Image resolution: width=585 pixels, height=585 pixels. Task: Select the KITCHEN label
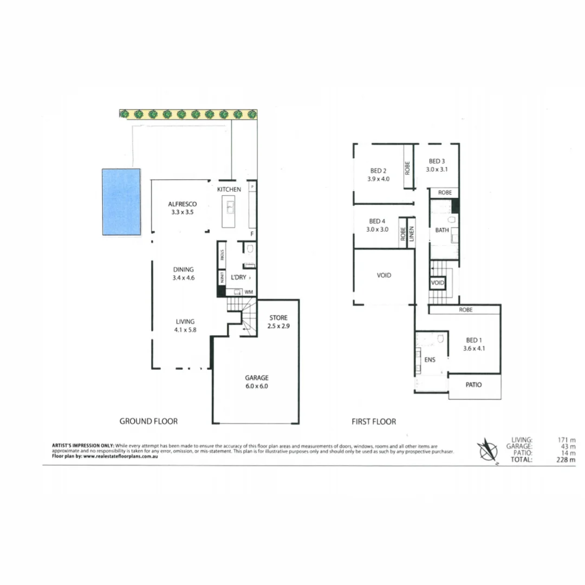click(229, 190)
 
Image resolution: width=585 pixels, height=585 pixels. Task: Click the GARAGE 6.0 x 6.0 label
click(256, 382)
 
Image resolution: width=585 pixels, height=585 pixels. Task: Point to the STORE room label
click(277, 317)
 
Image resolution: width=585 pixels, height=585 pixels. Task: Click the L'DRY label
click(239, 277)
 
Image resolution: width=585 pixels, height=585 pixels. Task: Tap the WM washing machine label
click(249, 292)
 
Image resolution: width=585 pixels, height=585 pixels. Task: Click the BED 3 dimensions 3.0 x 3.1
click(437, 169)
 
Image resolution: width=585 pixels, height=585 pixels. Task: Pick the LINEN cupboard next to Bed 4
click(412, 233)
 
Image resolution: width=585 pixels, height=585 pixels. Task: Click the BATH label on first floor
click(442, 231)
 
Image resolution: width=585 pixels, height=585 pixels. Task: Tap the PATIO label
click(473, 385)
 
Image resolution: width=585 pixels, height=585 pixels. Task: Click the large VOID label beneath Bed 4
click(383, 275)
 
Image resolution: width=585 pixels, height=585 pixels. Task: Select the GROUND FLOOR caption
click(148, 421)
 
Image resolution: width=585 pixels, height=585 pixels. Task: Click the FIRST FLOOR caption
click(373, 421)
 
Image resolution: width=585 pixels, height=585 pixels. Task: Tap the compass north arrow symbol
click(488, 450)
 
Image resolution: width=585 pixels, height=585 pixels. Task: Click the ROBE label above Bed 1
click(465, 310)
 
